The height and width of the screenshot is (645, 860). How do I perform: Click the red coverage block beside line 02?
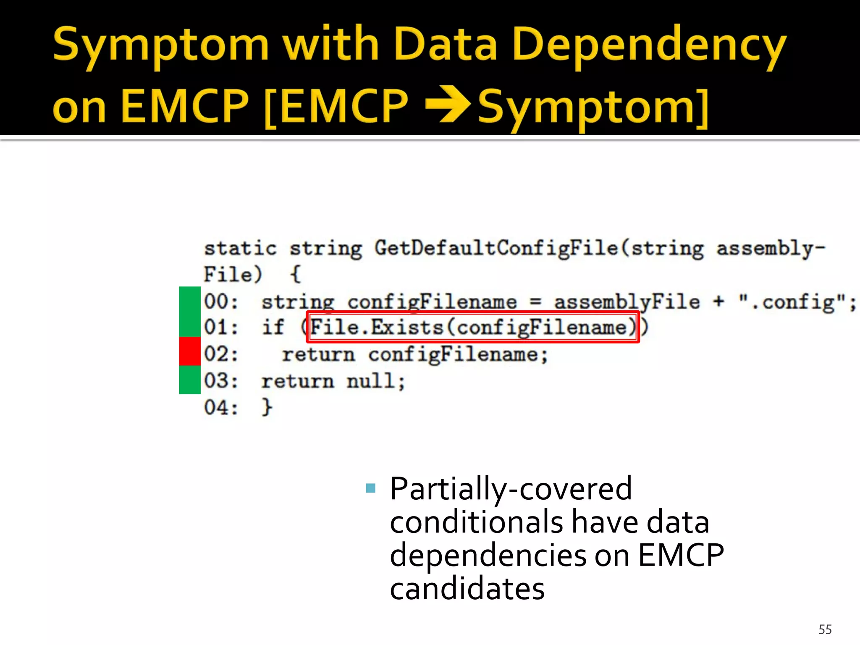point(190,351)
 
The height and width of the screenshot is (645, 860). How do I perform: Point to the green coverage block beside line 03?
point(190,380)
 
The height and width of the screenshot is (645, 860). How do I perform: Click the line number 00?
point(221,302)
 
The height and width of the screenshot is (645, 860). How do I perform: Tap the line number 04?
point(221,407)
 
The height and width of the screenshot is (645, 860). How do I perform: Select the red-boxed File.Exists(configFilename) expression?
point(473,327)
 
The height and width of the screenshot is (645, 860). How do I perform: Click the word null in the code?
point(375,381)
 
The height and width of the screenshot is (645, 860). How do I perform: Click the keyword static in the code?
point(240,248)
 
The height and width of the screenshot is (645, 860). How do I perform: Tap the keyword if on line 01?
point(273,327)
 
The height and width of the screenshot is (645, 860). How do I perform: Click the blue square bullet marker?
point(370,488)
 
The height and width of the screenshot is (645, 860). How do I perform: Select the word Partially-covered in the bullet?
point(511,489)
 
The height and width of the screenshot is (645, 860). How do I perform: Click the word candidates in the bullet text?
point(467,589)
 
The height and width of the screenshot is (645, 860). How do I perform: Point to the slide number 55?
point(825,629)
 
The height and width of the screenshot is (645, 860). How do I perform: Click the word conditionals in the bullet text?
point(476,522)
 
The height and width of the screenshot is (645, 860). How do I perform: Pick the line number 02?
point(221,354)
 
